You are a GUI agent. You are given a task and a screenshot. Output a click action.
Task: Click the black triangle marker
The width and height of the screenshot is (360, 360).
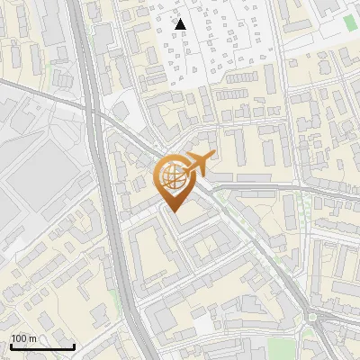click(x=180, y=24)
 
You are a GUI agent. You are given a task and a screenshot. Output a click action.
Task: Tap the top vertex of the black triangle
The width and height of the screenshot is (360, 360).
click(x=180, y=19)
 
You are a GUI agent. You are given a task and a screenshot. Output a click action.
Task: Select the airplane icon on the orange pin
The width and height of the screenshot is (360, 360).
click(x=197, y=164)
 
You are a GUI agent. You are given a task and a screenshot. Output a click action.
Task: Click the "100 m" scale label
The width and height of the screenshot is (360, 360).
click(x=23, y=338)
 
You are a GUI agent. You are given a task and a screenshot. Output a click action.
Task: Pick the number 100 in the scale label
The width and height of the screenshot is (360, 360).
click(x=19, y=338)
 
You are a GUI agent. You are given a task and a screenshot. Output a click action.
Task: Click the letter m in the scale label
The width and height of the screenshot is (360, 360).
click(x=32, y=338)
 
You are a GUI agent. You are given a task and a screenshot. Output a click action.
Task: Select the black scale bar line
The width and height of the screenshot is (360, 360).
click(x=42, y=346)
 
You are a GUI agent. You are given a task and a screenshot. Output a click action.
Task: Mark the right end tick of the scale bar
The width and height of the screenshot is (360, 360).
click(x=74, y=345)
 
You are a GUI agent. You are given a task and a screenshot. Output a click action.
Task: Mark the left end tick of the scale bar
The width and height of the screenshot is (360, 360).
click(x=11, y=345)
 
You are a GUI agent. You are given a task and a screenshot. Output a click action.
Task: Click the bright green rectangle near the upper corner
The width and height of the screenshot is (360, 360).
click(x=350, y=20)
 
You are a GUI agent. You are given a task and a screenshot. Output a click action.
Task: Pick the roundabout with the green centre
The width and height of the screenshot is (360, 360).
click(x=316, y=319)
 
